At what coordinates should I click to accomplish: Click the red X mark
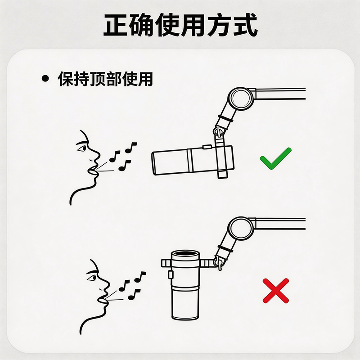276,291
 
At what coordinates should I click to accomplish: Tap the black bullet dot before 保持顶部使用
45,78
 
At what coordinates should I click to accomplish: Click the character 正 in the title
116,25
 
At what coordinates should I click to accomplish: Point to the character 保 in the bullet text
65,79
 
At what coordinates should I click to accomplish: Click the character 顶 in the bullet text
98,79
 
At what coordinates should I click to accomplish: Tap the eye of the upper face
81,148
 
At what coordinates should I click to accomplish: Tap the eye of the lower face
92,278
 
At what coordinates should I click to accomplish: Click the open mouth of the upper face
92,172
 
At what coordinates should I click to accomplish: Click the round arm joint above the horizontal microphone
241,99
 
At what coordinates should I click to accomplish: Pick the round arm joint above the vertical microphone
241,229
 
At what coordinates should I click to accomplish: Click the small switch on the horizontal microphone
207,147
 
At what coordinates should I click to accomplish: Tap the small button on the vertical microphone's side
171,274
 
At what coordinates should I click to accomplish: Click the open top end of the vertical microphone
185,254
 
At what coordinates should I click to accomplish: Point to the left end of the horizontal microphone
153,163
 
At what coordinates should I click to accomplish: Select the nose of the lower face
106,285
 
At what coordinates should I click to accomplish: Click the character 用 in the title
193,25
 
